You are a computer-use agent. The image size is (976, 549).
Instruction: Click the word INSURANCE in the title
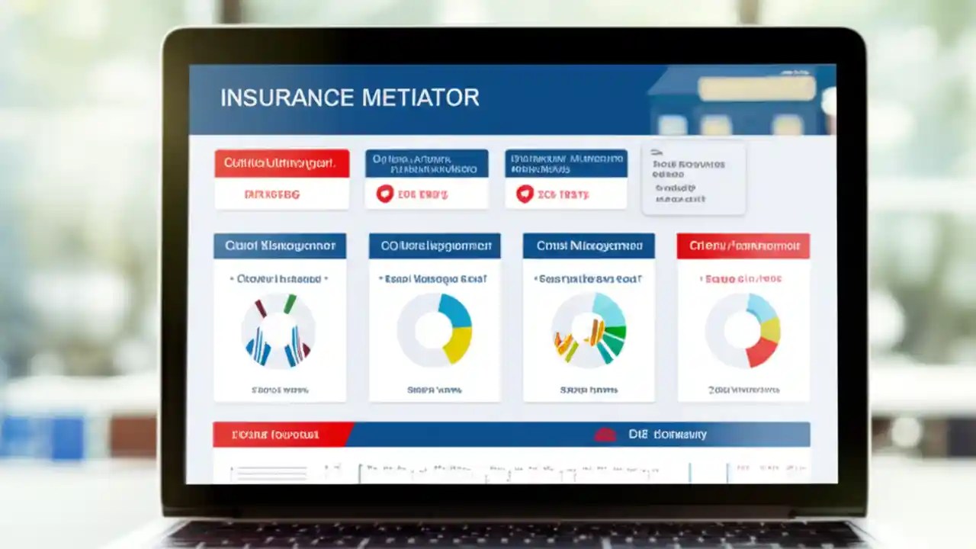(x=287, y=98)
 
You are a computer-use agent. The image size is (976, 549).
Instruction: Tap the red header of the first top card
(x=281, y=163)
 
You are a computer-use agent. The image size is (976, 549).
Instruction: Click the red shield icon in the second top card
(x=384, y=194)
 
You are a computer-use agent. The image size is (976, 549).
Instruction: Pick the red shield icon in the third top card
(x=525, y=194)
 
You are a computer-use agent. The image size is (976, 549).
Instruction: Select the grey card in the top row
(x=693, y=178)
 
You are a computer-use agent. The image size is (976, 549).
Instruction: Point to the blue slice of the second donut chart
(x=455, y=310)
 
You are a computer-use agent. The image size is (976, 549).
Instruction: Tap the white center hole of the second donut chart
(x=433, y=330)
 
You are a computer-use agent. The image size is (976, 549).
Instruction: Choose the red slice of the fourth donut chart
(x=760, y=352)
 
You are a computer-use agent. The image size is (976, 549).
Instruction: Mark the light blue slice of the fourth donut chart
(x=762, y=307)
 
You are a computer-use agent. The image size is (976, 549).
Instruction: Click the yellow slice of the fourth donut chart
(x=771, y=329)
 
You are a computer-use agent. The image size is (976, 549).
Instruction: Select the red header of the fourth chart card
(x=743, y=246)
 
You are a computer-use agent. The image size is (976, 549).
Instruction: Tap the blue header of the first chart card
(x=280, y=246)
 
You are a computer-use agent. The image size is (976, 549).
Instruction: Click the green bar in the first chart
(x=290, y=303)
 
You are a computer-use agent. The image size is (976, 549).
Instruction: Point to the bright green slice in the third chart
(x=618, y=332)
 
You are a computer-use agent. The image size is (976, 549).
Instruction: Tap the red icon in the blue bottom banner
(x=605, y=435)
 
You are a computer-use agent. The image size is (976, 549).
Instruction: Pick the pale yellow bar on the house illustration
(x=756, y=89)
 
